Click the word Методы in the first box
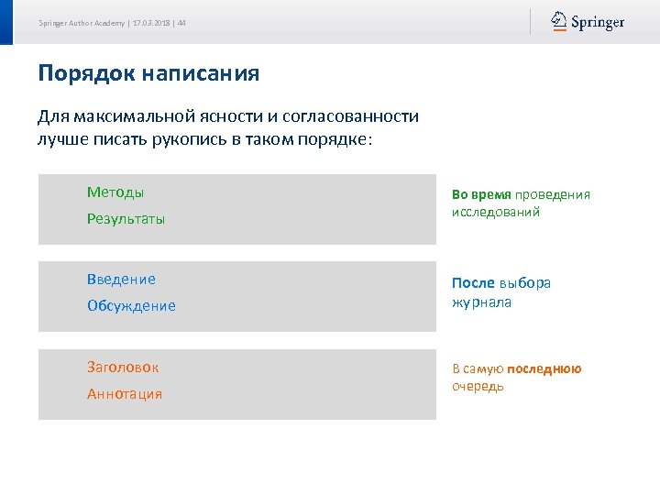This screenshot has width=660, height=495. point(115,192)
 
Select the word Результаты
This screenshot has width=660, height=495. point(126,219)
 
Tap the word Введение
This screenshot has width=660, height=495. point(121,280)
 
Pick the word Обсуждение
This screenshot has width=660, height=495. point(131,306)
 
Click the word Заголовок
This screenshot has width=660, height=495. point(123,368)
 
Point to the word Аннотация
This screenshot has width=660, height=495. point(125,394)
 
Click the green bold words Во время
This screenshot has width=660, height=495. point(481,194)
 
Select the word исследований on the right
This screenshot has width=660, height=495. point(495,212)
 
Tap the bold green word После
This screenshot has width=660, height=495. point(473,283)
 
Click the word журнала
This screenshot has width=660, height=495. point(481,302)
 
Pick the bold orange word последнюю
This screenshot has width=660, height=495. point(544,368)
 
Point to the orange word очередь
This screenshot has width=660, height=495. point(478,386)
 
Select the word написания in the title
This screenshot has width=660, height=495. point(201,73)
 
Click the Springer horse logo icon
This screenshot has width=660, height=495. point(558,21)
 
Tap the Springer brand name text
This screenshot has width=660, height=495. point(598,22)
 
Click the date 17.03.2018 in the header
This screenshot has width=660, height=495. point(151,23)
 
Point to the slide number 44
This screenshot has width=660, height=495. point(181,23)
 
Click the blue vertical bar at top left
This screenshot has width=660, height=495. point(6,22)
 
